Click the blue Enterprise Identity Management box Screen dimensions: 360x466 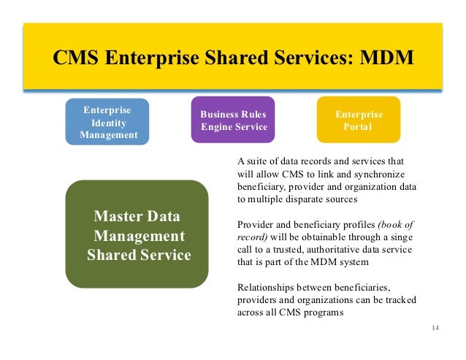pyautogui.click(x=108, y=121)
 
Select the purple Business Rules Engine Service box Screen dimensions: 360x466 pyautogui.click(x=233, y=120)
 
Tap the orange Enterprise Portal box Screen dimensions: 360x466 pyautogui.click(x=358, y=120)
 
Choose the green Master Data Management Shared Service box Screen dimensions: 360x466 pyautogui.click(x=137, y=235)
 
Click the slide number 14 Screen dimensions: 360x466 pyautogui.click(x=435, y=326)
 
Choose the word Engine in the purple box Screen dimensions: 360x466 pyautogui.click(x=216, y=127)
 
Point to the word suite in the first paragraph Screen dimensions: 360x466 pyautogui.click(x=258, y=161)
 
